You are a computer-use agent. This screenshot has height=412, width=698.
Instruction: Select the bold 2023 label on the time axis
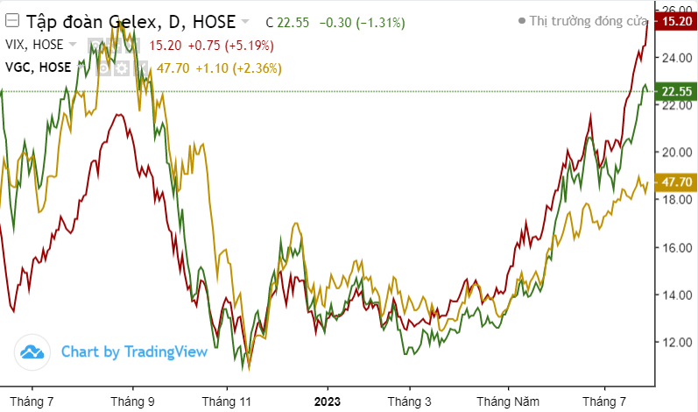328,401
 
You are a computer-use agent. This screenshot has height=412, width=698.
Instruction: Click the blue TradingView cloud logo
33,352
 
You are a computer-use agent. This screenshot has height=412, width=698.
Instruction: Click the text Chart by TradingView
134,352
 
